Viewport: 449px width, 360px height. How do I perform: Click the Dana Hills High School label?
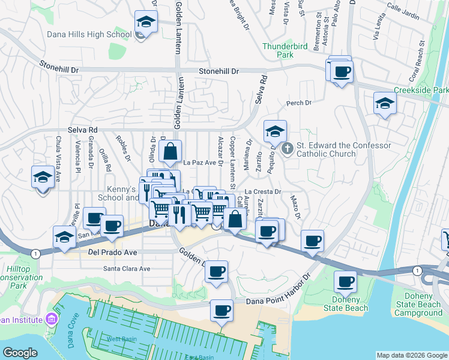89,35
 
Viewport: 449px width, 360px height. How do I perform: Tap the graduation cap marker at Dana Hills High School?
144,23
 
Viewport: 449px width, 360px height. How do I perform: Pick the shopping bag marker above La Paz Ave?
170,152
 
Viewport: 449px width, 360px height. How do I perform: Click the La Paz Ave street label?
199,163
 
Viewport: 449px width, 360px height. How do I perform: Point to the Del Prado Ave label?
112,253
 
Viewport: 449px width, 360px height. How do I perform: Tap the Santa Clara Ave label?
127,269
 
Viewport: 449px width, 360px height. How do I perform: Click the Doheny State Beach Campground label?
421,304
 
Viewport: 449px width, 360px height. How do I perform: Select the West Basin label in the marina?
121,339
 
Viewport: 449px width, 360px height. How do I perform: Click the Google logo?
20,353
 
